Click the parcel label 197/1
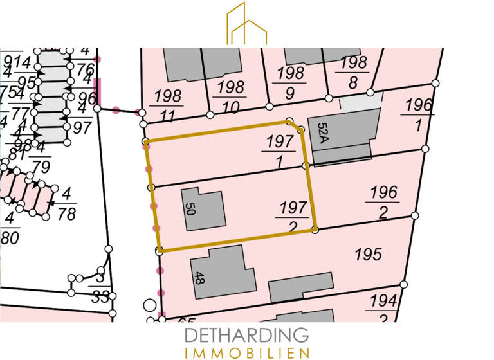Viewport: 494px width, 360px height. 278,152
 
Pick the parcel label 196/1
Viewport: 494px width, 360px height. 417,114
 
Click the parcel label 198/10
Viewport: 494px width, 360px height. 231,96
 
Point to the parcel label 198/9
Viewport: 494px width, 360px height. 289,82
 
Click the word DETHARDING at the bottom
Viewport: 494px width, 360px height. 247,335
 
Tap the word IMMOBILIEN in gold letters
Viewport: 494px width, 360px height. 247,352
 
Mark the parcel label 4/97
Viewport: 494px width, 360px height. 82,118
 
